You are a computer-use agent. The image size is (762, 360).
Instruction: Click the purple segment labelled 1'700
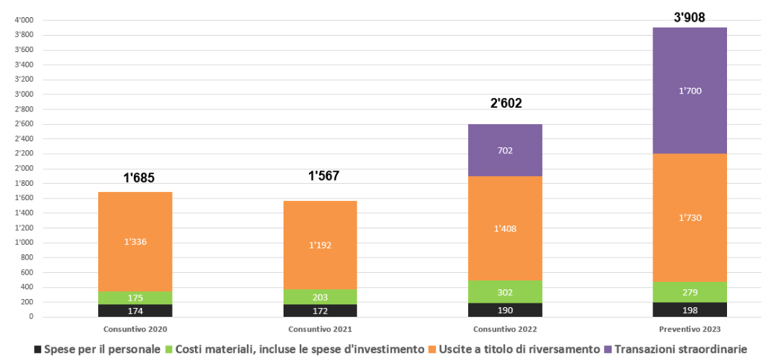click(690, 91)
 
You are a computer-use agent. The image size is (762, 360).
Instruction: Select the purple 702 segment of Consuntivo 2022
click(505, 150)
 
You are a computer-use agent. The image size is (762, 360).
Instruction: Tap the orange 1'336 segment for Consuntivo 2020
click(135, 242)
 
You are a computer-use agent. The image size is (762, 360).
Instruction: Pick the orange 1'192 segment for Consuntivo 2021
click(320, 245)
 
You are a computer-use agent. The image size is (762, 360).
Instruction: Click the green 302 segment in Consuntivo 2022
click(505, 292)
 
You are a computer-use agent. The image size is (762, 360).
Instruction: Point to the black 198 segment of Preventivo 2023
click(690, 309)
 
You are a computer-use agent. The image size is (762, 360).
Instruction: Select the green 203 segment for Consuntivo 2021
click(320, 297)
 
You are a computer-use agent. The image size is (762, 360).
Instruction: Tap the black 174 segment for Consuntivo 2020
click(135, 310)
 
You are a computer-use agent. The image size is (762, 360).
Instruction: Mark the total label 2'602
click(506, 103)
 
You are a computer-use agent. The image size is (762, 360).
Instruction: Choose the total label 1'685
click(138, 178)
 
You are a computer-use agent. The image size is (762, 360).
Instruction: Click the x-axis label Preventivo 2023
click(690, 329)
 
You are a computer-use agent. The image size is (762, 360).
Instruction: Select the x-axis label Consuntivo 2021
click(320, 329)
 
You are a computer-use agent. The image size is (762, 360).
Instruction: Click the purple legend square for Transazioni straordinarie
click(608, 348)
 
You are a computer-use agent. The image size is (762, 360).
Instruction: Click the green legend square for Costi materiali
click(169, 348)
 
